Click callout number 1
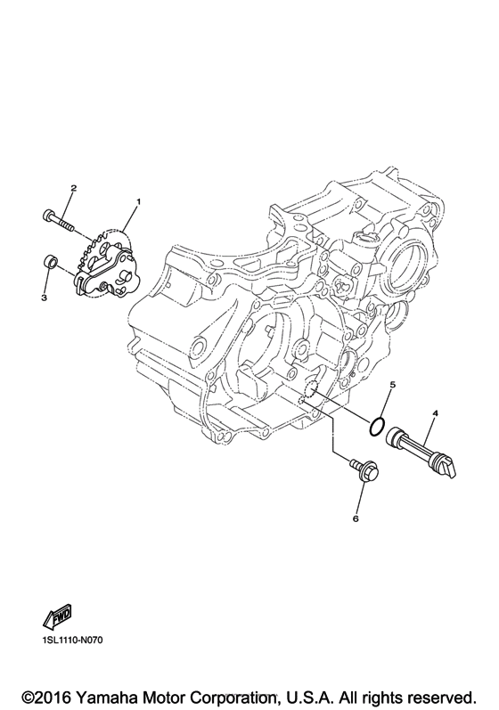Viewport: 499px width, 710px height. coord(138,201)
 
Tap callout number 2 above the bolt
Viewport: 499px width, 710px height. coord(73,188)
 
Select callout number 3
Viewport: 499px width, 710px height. coord(44,298)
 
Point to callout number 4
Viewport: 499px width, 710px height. coord(435,413)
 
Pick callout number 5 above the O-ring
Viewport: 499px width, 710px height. coord(393,385)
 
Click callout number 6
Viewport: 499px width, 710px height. coord(356,518)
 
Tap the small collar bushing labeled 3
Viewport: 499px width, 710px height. coord(50,262)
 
